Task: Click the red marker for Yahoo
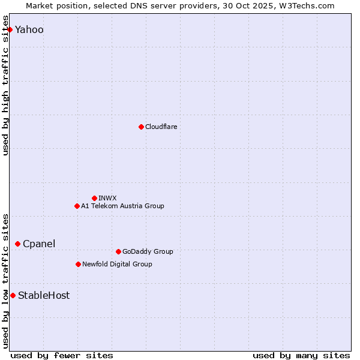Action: (x=10, y=29)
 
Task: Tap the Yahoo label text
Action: (x=29, y=30)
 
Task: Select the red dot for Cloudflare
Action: (x=141, y=127)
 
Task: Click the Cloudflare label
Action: (x=161, y=127)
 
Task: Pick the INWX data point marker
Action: (x=94, y=198)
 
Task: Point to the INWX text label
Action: (x=107, y=198)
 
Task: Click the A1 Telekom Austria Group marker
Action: (x=77, y=206)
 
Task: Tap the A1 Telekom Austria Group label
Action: (x=122, y=206)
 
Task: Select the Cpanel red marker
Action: (x=17, y=244)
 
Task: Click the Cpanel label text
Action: (x=39, y=244)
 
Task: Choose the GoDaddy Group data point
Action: (x=118, y=251)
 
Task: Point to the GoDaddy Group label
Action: (x=148, y=251)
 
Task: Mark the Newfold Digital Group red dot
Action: (x=78, y=264)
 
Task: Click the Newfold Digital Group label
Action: (x=117, y=264)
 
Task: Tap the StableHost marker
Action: (x=13, y=295)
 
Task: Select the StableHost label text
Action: (x=44, y=295)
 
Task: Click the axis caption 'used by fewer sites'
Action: (x=62, y=355)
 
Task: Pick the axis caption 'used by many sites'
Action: (x=301, y=355)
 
